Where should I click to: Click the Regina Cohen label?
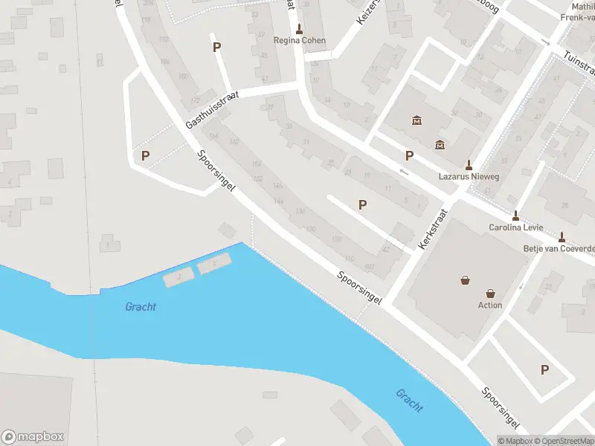click(x=299, y=41)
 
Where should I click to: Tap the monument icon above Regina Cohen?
click(x=299, y=30)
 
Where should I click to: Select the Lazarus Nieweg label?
click(x=469, y=177)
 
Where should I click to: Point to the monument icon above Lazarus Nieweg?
click(x=469, y=165)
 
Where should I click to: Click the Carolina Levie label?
click(x=515, y=227)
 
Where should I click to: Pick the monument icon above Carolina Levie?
click(x=515, y=216)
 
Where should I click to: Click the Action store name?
click(x=490, y=305)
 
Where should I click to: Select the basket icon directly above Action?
click(x=490, y=293)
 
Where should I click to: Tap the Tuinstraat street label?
click(x=579, y=64)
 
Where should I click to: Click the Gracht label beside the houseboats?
click(x=141, y=306)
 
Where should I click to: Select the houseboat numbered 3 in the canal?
click(x=178, y=277)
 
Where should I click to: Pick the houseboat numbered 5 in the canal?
click(x=214, y=262)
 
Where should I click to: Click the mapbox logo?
click(x=33, y=437)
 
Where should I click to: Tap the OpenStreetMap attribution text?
click(x=560, y=441)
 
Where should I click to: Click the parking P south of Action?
click(x=545, y=369)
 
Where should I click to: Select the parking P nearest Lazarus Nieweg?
click(x=409, y=155)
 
